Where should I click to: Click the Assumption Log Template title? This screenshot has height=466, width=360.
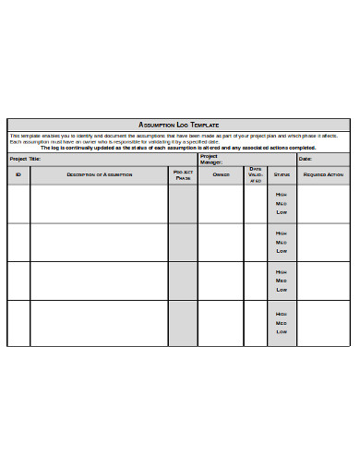178,124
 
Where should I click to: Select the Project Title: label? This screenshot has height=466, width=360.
25,159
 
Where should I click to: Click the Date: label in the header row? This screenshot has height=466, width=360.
305,159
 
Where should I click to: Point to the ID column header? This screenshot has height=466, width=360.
18,173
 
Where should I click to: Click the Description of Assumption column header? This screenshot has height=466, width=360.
99,173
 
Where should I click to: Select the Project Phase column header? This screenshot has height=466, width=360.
183,174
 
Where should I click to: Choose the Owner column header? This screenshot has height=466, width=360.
221,173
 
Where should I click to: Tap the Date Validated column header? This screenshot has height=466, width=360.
256,174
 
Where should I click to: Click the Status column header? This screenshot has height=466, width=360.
282,173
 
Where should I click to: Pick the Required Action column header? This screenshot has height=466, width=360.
323,173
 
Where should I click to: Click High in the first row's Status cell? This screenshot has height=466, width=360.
282,194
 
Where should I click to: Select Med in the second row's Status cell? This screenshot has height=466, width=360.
282,242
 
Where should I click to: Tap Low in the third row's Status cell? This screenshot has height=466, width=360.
282,290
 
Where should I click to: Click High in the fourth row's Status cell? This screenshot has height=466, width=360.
282,313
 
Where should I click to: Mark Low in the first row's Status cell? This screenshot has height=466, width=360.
282,212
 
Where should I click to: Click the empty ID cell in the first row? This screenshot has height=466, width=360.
18,203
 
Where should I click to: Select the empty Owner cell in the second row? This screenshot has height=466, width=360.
221,242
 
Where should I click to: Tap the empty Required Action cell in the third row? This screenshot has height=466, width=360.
323,281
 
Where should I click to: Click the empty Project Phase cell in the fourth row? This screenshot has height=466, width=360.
183,323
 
